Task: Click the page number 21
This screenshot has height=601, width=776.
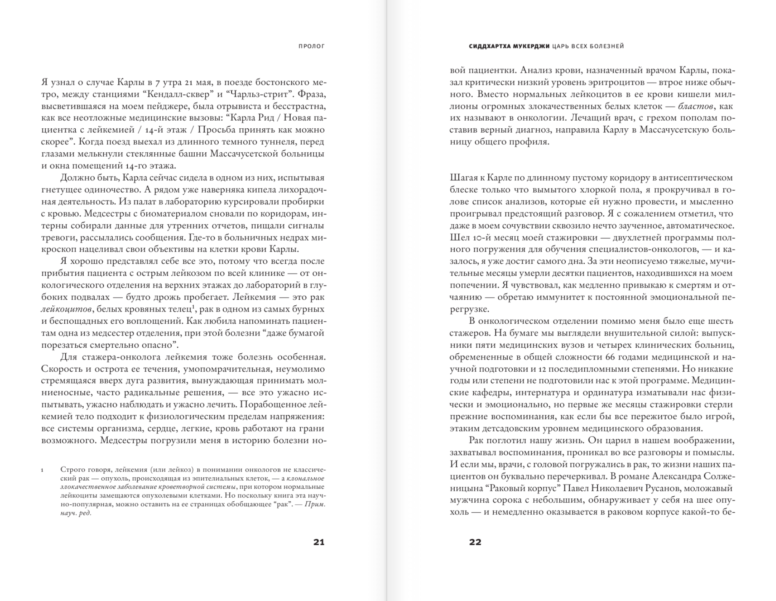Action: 319,542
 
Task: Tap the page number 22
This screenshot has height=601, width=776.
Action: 475,542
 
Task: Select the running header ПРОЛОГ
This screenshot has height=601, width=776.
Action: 312,46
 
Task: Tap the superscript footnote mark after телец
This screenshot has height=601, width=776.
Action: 193,307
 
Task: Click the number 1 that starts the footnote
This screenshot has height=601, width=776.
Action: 43,470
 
